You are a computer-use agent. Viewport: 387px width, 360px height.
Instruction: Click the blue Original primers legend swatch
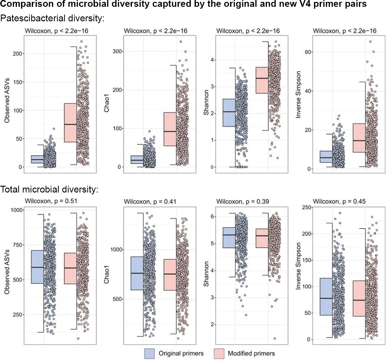[x=149, y=354]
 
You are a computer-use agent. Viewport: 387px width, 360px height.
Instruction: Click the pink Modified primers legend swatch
[x=219, y=354]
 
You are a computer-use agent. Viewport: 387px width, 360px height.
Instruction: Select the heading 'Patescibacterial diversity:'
[x=52, y=18]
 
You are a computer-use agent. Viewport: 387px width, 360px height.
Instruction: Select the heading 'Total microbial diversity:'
[x=49, y=189]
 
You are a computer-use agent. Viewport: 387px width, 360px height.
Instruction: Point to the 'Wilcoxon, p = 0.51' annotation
[x=51, y=201]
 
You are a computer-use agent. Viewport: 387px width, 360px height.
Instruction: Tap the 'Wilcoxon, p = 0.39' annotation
[x=242, y=201]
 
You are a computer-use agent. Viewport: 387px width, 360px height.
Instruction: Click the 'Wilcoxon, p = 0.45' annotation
[x=339, y=201]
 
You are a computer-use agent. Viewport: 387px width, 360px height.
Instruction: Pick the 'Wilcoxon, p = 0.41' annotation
[x=150, y=201]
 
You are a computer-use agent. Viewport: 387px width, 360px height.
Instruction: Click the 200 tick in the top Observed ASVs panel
[x=18, y=54]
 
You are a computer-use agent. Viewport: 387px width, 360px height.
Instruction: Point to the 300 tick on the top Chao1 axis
[x=117, y=51]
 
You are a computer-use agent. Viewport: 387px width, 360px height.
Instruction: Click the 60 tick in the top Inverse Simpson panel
[x=308, y=52]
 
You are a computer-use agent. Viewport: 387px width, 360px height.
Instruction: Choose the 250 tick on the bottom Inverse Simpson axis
[x=307, y=207]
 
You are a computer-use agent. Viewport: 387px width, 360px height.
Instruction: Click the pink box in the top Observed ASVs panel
[x=70, y=123]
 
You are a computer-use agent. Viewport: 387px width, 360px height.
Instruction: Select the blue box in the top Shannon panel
[x=229, y=113]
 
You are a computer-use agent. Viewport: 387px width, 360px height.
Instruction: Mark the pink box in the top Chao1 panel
[x=170, y=129]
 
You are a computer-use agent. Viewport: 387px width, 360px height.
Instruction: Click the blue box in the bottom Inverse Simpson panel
[x=326, y=297]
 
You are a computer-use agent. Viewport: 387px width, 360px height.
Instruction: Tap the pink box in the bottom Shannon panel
[x=262, y=238]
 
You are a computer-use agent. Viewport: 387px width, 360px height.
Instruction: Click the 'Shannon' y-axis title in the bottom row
[x=206, y=274]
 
